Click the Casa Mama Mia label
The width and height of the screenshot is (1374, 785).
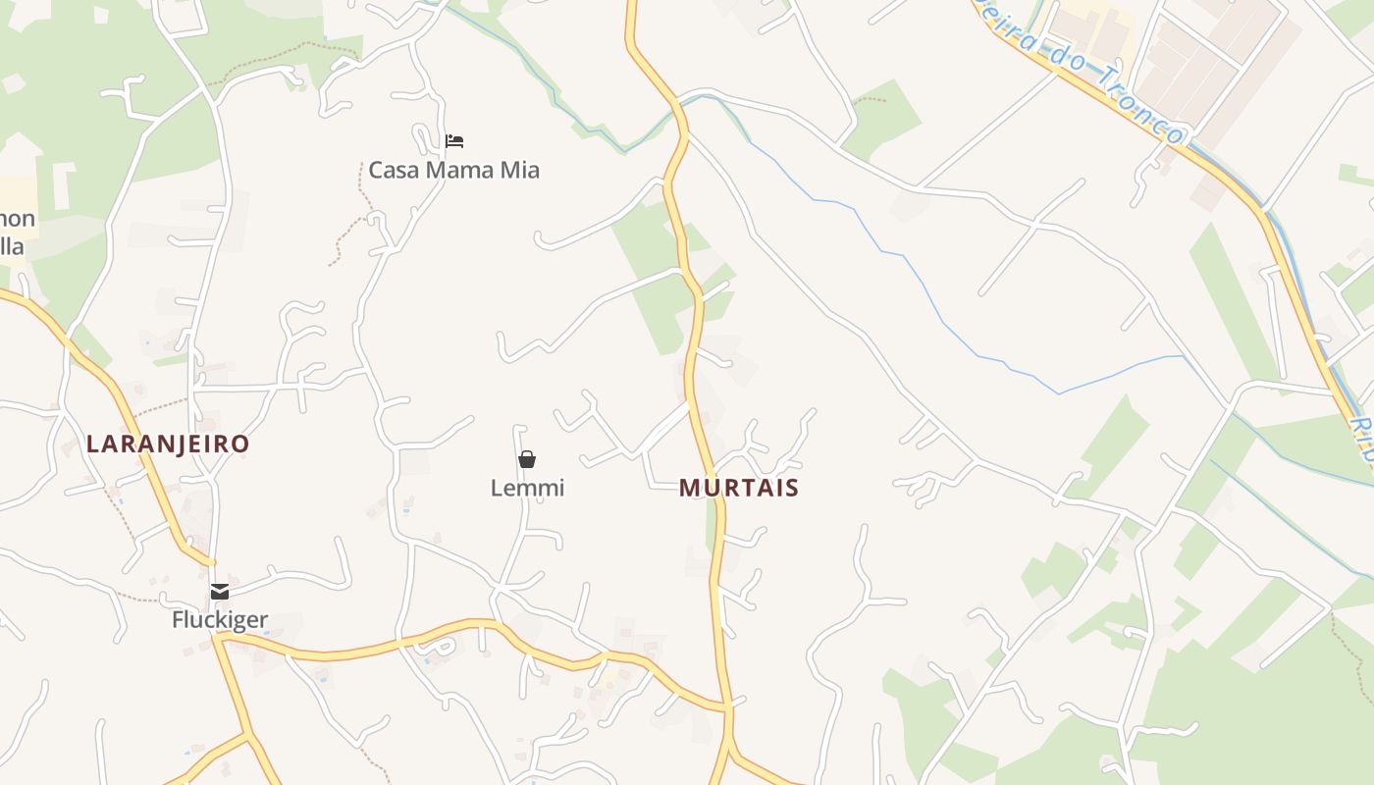pos(453,170)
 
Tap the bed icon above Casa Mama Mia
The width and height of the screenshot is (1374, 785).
pos(453,141)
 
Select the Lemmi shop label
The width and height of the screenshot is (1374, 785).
pos(527,488)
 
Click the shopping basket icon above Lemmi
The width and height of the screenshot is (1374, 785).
pos(527,459)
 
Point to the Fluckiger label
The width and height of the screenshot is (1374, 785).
pos(220,620)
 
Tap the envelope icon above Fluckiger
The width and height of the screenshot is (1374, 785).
pos(220,592)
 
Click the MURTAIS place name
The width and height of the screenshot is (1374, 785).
pos(739,488)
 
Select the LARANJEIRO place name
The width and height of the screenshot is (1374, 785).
pos(168,444)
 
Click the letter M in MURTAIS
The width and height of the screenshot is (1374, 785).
pos(688,488)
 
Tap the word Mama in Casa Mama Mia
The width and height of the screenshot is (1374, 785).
pos(457,170)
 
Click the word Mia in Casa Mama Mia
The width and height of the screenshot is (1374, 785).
pos(520,170)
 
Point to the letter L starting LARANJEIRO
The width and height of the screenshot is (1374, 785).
pos(93,444)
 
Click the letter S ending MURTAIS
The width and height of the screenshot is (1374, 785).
pos(791,488)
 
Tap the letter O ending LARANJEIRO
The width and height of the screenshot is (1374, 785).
pos(240,444)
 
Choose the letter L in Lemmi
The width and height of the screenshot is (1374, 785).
pos(497,488)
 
